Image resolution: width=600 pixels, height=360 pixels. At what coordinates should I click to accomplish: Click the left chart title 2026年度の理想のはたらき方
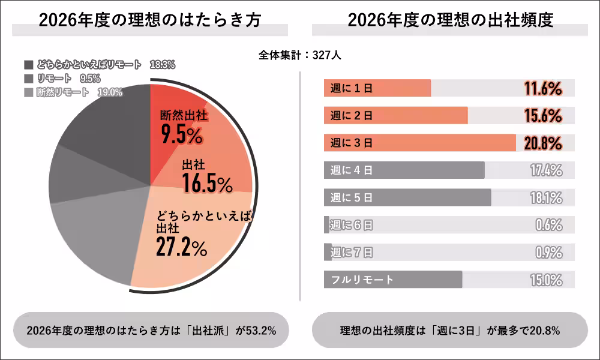pos(150,20)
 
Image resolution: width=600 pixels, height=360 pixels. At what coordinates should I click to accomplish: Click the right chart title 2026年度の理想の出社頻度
pos(450,20)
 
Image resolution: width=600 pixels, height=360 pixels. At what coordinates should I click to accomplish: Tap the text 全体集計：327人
pos(300,55)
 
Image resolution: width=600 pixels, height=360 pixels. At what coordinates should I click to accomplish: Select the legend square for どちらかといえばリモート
pos(28,65)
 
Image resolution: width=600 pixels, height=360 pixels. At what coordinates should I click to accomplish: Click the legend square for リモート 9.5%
pos(28,79)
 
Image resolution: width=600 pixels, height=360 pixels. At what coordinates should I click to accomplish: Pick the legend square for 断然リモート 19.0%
pos(28,92)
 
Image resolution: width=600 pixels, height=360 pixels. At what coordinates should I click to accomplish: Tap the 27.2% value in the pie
pos(181,247)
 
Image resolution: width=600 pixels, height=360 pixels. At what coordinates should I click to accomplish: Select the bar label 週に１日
pos(352,88)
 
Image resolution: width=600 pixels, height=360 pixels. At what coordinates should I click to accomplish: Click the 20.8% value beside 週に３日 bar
pos(542,143)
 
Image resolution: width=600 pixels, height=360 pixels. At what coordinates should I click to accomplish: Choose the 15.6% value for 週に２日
pos(542,116)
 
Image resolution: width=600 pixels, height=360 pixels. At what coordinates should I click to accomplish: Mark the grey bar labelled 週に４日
pos(404,170)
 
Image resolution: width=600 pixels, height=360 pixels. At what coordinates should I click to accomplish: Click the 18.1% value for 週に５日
pos(545,197)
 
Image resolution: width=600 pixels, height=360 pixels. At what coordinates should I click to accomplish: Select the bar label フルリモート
pos(362,280)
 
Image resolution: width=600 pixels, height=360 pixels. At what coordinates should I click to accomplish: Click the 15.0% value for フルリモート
pos(545,280)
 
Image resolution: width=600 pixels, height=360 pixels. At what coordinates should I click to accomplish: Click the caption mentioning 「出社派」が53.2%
pos(151,329)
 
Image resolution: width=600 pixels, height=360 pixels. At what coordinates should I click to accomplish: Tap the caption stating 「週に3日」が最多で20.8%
pos(450,329)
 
